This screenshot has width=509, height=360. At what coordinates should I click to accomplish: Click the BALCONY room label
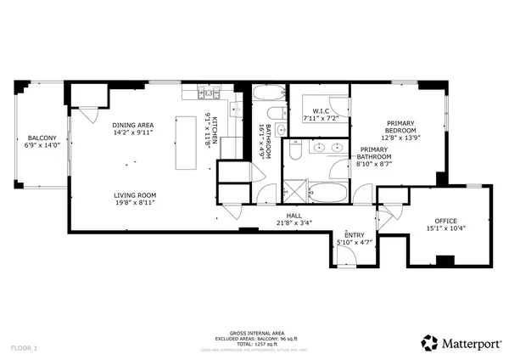[x=42, y=138]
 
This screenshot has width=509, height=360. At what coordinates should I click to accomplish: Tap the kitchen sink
[x=238, y=108]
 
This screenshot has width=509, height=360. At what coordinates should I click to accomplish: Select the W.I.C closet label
[x=321, y=111]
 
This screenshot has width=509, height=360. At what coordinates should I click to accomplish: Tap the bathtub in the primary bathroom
[x=327, y=192]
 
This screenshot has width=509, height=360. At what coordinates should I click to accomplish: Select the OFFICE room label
[x=445, y=221]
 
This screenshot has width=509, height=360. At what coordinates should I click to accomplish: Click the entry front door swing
[x=346, y=260]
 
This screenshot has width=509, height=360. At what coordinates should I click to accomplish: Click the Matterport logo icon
[x=430, y=342]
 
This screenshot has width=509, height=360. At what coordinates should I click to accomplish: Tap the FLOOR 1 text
[x=24, y=347]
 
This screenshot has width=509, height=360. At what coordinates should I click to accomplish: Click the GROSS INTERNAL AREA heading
[x=256, y=334]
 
